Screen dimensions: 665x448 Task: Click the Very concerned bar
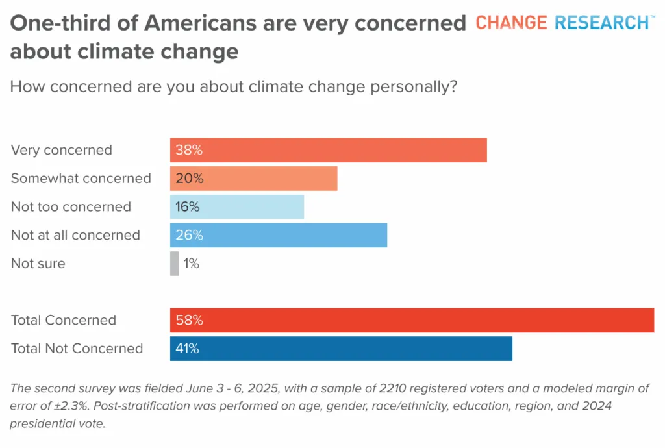click(328, 150)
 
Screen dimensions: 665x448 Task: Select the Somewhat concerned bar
click(254, 179)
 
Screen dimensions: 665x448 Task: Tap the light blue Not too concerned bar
click(237, 207)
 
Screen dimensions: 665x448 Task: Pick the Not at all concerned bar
click(279, 235)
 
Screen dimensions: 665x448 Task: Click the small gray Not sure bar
click(174, 264)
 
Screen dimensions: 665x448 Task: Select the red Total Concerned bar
click(412, 321)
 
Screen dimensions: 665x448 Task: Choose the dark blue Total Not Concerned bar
click(341, 349)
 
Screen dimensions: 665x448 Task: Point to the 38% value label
click(189, 150)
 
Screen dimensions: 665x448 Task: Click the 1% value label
click(192, 264)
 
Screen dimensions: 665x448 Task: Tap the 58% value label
click(189, 321)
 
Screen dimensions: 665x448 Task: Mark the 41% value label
click(187, 349)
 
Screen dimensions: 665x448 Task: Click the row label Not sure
click(38, 264)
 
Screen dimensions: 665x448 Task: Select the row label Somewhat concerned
click(81, 179)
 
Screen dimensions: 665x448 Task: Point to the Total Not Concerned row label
click(77, 349)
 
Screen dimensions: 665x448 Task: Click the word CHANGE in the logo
click(511, 23)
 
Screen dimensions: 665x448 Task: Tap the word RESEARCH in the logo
click(602, 23)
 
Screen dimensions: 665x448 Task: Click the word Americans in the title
click(200, 23)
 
